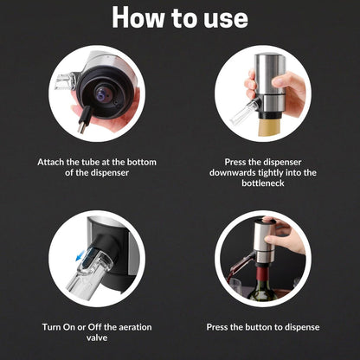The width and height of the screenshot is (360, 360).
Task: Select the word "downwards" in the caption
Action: (x=235, y=172)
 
